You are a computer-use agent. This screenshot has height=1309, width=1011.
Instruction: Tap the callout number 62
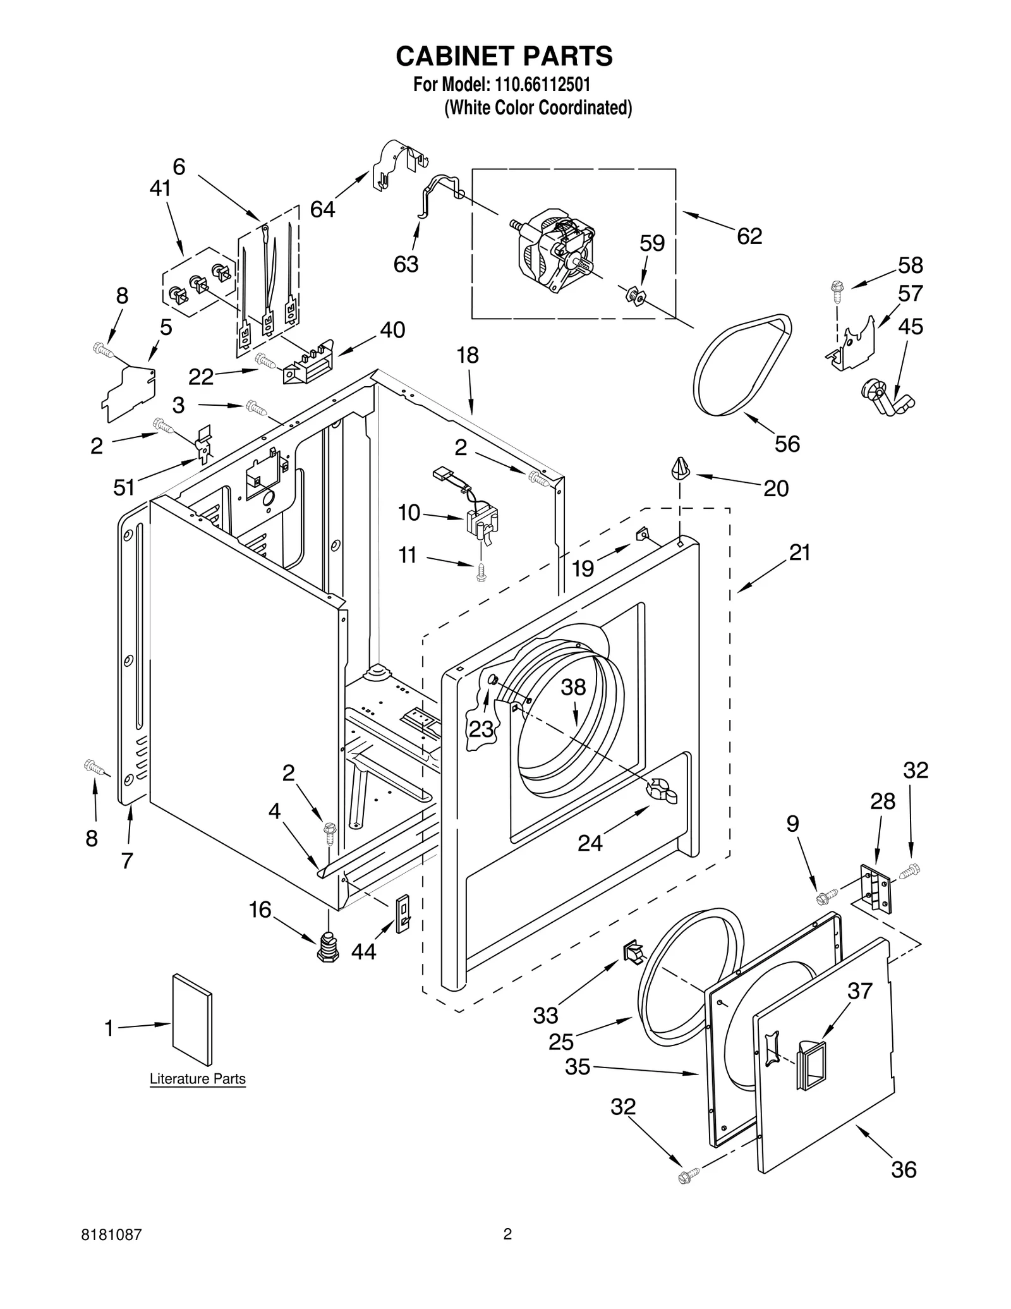(x=749, y=236)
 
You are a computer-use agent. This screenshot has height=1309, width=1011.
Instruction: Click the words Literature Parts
(x=197, y=1079)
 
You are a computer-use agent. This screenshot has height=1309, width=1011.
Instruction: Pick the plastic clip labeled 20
(x=679, y=468)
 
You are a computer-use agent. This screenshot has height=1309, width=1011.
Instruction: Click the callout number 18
(x=468, y=355)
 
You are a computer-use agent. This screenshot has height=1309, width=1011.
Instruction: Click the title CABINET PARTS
(x=504, y=56)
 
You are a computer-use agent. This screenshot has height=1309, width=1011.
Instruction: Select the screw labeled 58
(x=837, y=288)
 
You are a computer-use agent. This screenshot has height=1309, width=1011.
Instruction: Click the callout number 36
(x=904, y=1169)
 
